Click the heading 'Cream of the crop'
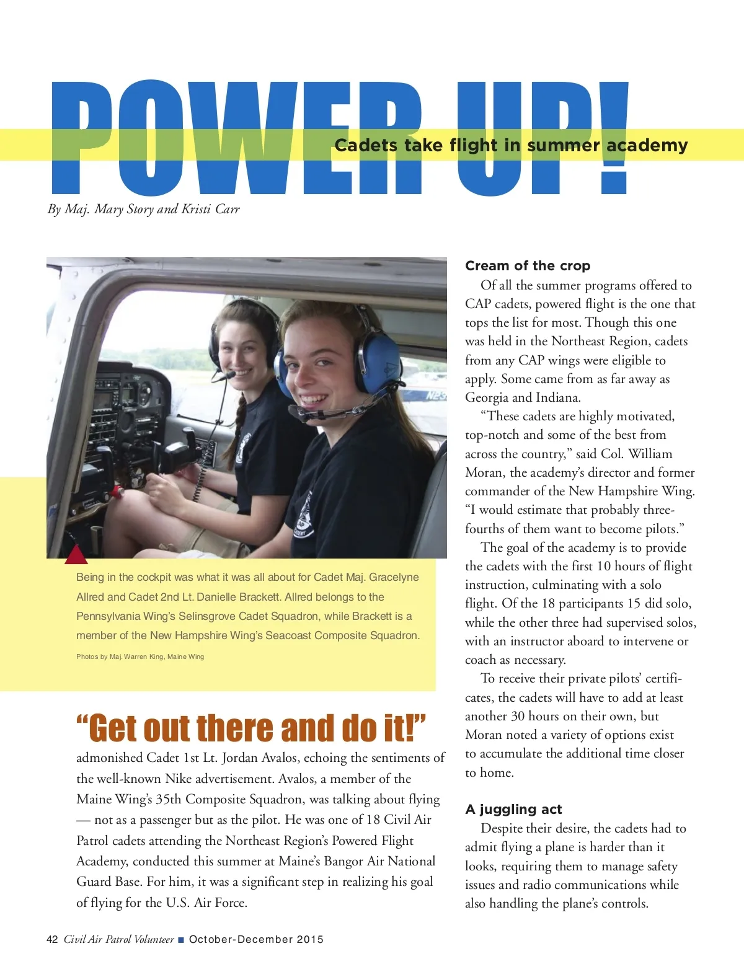click(528, 266)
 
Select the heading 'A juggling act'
click(513, 809)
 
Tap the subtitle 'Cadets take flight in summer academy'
click(511, 145)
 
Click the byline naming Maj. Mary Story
click(143, 209)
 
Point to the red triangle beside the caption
click(76, 555)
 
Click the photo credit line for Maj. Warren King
click(140, 656)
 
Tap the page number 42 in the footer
click(52, 939)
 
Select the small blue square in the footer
click(181, 940)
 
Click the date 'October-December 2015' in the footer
click(256, 939)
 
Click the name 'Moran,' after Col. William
click(485, 472)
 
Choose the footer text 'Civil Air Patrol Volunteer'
click(119, 939)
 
